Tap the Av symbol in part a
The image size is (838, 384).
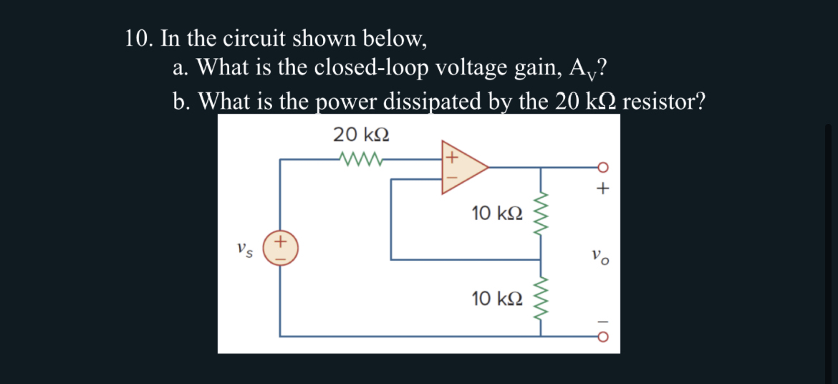point(582,69)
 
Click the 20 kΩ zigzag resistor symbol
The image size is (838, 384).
point(362,159)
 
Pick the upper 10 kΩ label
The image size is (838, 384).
point(497,213)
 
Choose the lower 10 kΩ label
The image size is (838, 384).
point(497,297)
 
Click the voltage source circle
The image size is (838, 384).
point(280,249)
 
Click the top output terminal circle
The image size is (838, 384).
point(602,168)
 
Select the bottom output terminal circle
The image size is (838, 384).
point(602,336)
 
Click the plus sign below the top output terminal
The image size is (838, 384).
point(603,190)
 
